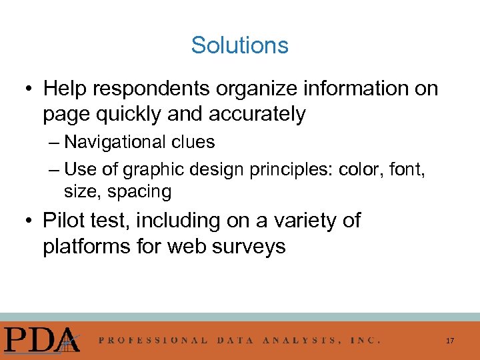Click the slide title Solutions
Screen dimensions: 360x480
tap(239, 45)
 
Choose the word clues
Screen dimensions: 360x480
tap(192, 142)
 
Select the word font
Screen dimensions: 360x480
tap(406, 170)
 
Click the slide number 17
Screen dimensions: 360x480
tap(450, 341)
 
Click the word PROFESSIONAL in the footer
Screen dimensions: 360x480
tap(153, 340)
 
